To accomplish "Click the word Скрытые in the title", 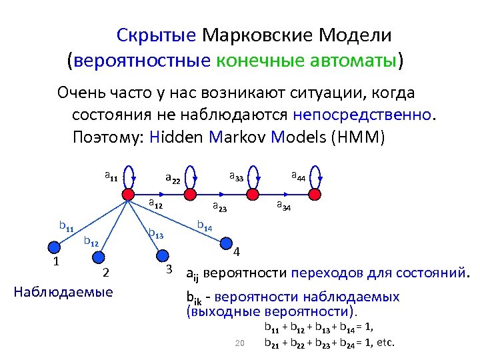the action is [x=156, y=35].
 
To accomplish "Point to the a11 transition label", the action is [x=111, y=177].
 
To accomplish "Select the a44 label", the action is [x=298, y=177].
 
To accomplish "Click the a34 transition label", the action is [x=283, y=205].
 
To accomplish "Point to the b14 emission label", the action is [x=205, y=227].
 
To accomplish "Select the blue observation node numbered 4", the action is [x=227, y=243].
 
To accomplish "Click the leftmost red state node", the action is [x=127, y=194].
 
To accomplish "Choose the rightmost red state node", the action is [x=314, y=194].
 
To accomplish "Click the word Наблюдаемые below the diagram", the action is [x=63, y=291].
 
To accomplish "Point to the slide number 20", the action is [x=241, y=343].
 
